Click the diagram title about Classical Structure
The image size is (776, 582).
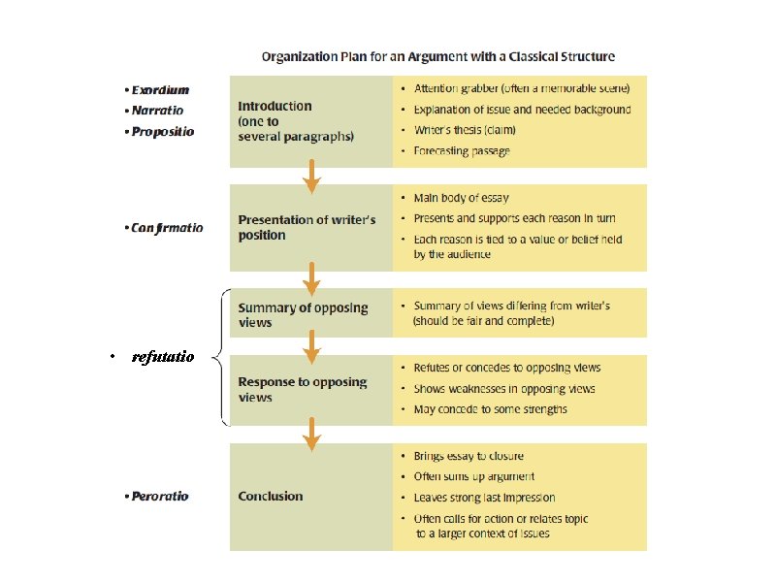[x=437, y=56]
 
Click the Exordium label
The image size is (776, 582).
[x=161, y=88]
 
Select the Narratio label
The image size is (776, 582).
[x=157, y=110]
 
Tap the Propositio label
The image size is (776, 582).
[x=162, y=131]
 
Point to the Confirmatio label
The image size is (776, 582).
[x=166, y=228]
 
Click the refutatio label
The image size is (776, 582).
[x=163, y=357]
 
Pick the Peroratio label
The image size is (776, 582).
[x=160, y=496]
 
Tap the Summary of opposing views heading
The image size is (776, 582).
[x=304, y=314]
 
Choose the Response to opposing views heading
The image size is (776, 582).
[x=303, y=389]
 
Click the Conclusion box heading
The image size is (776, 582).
[x=271, y=496]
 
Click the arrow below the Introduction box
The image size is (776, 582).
[x=311, y=176]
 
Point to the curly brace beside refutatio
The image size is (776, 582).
[x=219, y=357]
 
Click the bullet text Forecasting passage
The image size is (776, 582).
[x=462, y=150]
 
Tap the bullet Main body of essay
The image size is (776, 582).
[x=461, y=198]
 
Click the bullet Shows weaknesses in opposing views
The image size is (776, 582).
[x=504, y=388]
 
